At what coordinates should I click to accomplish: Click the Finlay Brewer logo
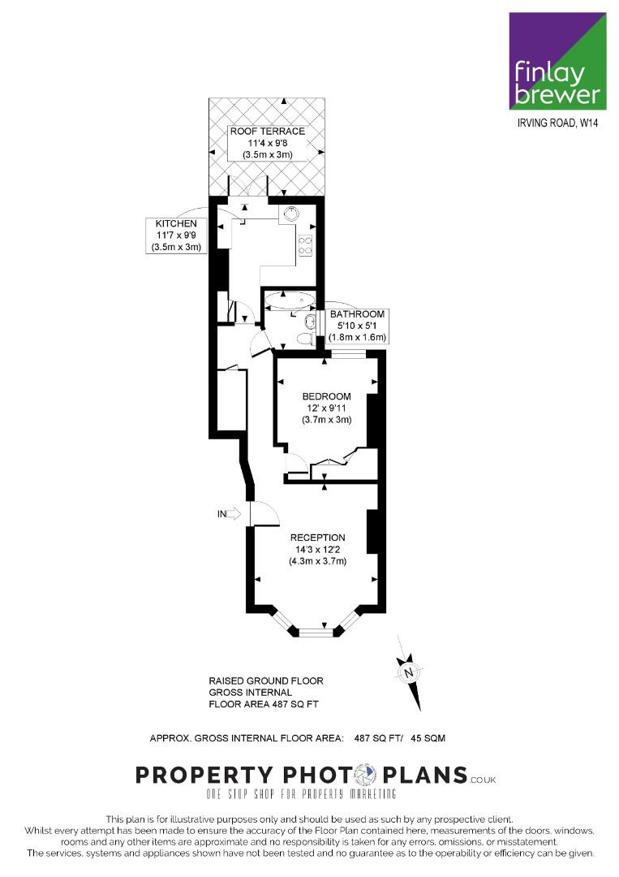click(557, 61)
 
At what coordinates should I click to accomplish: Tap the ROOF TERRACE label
click(268, 132)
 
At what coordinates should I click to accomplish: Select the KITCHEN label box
click(176, 235)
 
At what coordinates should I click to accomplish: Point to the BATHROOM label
click(357, 314)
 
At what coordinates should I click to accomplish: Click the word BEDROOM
click(326, 396)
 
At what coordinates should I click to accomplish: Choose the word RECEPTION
click(317, 538)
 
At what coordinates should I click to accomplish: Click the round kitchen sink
click(291, 214)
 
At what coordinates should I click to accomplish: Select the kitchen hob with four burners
click(306, 245)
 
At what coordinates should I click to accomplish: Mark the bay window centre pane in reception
click(316, 633)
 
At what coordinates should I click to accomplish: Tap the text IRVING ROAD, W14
click(557, 123)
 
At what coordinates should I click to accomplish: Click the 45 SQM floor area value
click(428, 738)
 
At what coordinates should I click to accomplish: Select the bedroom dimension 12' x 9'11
click(326, 408)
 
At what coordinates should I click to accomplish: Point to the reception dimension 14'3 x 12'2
click(317, 549)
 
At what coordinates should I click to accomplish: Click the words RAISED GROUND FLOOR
click(266, 680)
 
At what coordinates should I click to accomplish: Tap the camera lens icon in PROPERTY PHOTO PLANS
click(366, 774)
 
